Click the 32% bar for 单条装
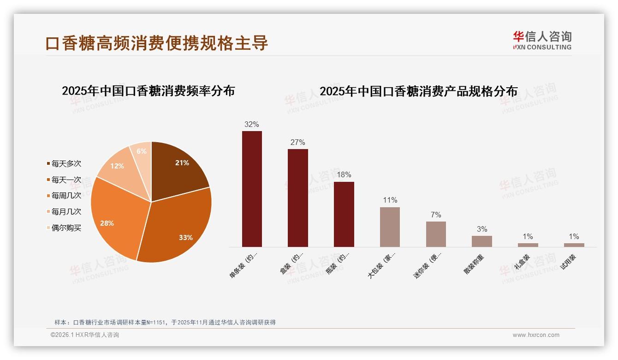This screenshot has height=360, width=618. pos(252,189)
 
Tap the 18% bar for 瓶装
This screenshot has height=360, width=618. pos(344,214)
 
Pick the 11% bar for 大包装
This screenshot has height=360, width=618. pos(390,227)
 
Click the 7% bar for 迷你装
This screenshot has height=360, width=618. pos(436,234)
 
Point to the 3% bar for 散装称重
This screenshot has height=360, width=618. pos(481,241)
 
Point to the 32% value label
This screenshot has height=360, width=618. pos(252,124)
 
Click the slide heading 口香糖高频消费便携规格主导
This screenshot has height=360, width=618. pos(157,43)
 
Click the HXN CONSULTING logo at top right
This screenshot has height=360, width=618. pos(542,41)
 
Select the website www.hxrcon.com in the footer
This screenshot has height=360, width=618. pos(536,335)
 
